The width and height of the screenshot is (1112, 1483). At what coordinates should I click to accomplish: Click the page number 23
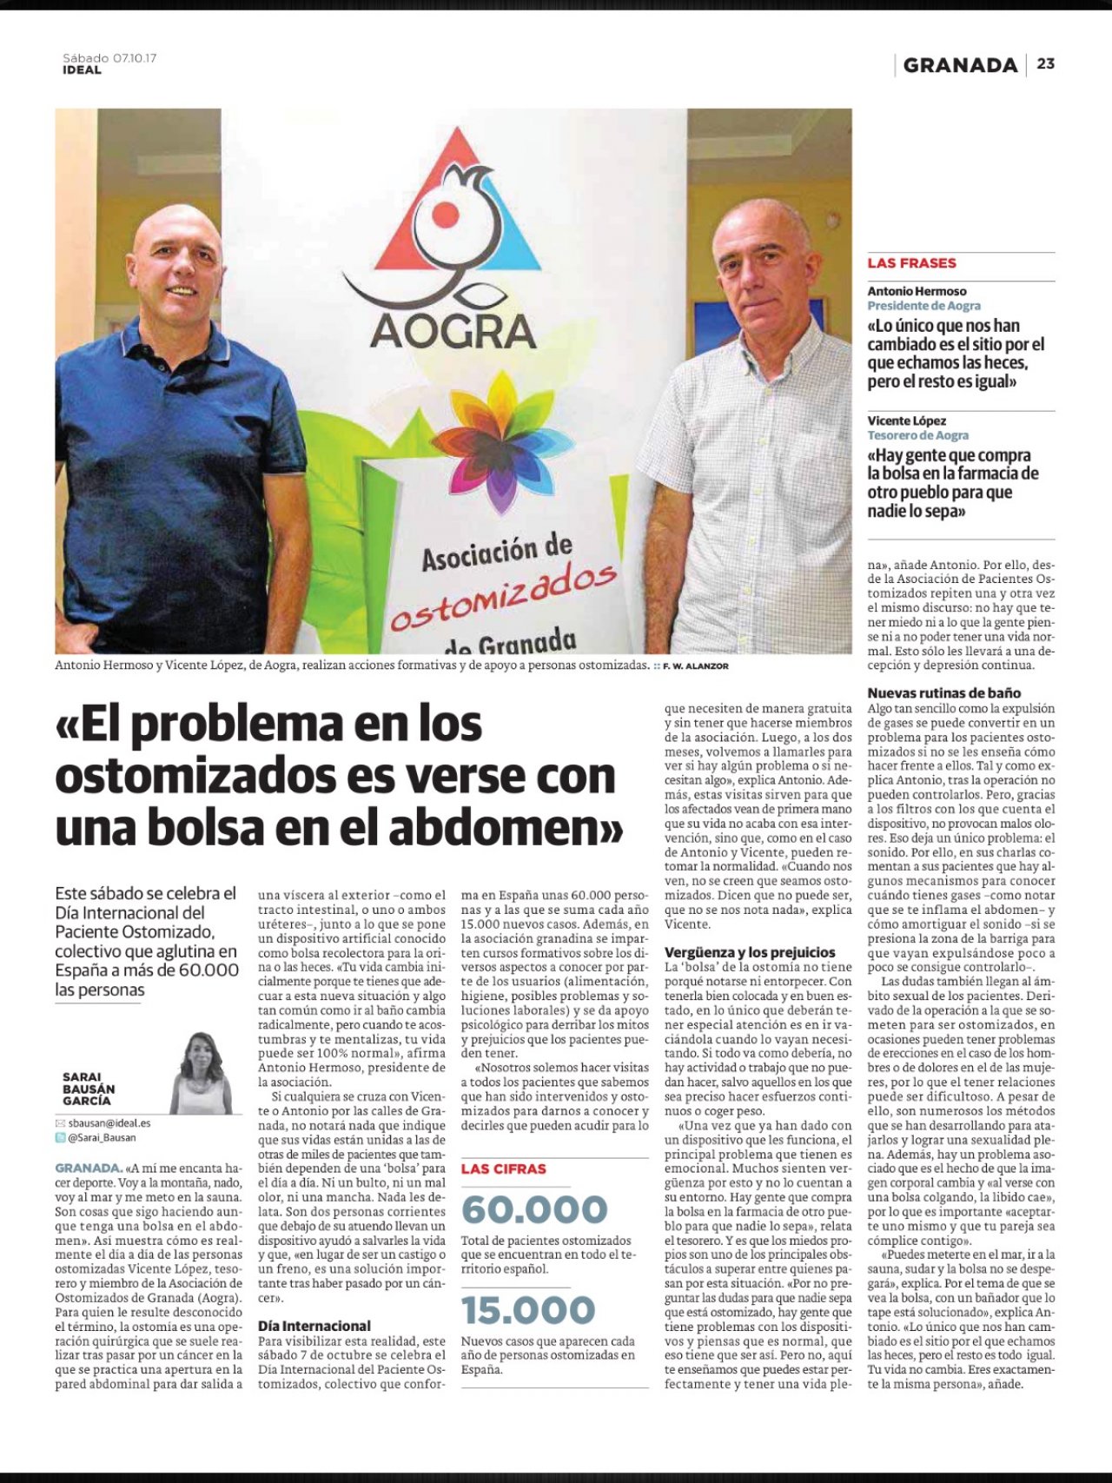point(1045,63)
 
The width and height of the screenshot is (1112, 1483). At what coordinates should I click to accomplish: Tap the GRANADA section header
point(960,65)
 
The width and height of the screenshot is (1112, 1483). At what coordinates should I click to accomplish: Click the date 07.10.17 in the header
point(135,58)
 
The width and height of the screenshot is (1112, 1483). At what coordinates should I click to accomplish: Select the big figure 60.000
point(534,1209)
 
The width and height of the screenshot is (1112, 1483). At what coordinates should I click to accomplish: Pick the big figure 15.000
point(528,1310)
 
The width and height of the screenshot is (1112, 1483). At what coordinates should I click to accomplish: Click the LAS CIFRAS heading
point(504,1169)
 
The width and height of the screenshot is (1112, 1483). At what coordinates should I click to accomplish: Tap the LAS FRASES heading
point(911,263)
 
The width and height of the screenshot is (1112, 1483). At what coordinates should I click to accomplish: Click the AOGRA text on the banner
point(453,331)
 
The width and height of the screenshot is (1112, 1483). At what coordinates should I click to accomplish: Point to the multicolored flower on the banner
point(491,439)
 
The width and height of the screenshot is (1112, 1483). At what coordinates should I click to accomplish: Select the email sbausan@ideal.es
point(109,1123)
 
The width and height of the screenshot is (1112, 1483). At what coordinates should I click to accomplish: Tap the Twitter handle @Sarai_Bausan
point(102,1137)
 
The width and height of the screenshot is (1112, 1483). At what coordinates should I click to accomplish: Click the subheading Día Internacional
point(314,1326)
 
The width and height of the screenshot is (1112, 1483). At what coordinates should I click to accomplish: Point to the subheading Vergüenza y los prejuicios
point(750,952)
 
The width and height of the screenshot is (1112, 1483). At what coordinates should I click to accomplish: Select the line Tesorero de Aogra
point(917,435)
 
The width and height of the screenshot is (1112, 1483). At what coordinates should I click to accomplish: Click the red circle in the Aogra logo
point(445,214)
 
